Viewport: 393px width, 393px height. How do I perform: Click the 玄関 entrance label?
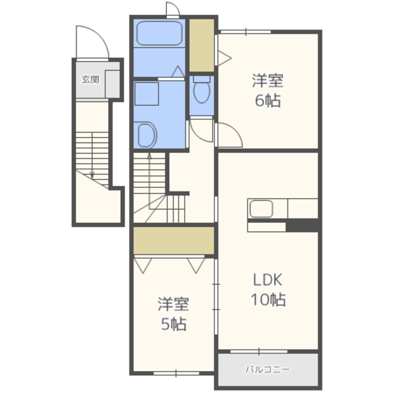coord(90,79)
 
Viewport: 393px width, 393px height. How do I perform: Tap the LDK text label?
coord(268,280)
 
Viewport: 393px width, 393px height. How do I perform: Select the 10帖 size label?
coord(268,300)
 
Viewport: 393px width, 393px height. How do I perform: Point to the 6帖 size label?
coord(268,101)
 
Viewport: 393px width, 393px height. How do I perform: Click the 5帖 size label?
coord(173,324)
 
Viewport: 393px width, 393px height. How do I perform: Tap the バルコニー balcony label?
coord(268,369)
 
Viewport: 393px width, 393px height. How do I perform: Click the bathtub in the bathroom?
coord(159,34)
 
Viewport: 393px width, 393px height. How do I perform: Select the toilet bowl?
coord(202,90)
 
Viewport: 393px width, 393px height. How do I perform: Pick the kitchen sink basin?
coord(261,209)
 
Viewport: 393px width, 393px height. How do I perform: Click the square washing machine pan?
coord(147,94)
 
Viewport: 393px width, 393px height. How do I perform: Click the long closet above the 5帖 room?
coord(174,240)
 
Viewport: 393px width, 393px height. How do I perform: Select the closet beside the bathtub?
coord(201,45)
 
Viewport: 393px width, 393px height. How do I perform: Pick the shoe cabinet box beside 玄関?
coord(112,84)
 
